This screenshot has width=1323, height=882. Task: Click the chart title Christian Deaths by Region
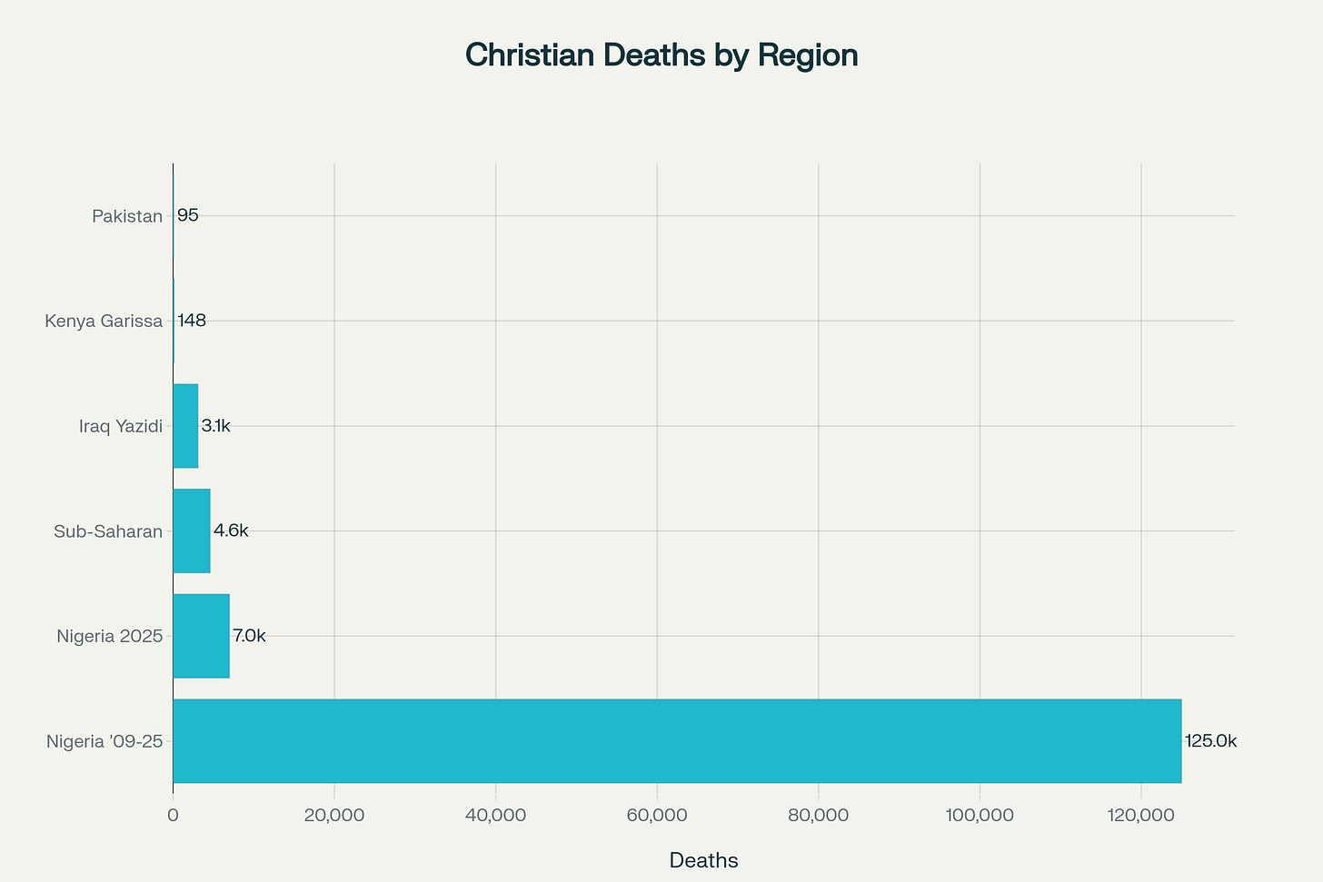tap(661, 55)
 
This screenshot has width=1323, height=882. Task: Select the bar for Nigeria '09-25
tap(677, 741)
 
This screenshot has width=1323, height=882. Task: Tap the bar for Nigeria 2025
tap(201, 636)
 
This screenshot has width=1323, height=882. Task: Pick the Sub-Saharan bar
tap(192, 531)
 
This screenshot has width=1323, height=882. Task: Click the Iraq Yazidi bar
tap(185, 426)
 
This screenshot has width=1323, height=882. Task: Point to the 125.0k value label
tap(1210, 741)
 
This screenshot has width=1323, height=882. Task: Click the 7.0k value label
tap(249, 636)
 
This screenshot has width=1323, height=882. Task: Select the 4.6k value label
tap(231, 531)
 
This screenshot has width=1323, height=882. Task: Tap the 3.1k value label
tap(216, 426)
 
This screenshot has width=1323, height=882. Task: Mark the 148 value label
tap(192, 321)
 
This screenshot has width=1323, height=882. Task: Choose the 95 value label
tap(188, 216)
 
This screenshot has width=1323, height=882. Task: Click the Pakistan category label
tap(127, 216)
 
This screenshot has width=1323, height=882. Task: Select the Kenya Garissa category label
tap(104, 321)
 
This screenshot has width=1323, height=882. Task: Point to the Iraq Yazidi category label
tap(121, 426)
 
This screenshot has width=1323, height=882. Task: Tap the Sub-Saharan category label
tap(108, 531)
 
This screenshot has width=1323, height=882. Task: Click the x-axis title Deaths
tap(703, 860)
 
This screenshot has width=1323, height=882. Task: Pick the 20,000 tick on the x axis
tap(334, 816)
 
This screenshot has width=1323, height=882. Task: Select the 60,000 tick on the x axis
tap(657, 816)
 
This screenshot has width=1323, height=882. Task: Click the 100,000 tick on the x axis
tap(980, 816)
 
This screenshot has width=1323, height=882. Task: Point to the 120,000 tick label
tap(1141, 816)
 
